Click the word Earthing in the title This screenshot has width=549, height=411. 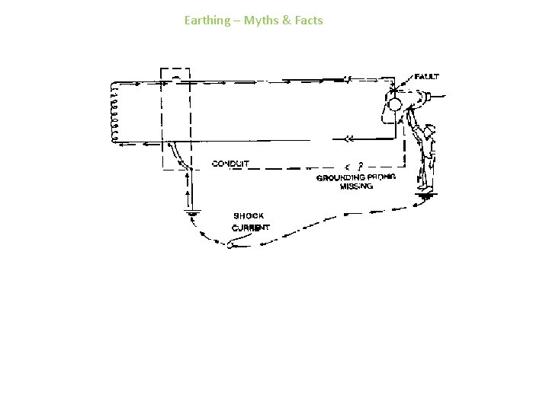pyautogui.click(x=207, y=21)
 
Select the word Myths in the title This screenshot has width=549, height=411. pyautogui.click(x=261, y=21)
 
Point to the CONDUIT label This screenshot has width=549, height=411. pyautogui.click(x=230, y=164)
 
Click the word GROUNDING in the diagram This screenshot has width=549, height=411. pyautogui.click(x=339, y=177)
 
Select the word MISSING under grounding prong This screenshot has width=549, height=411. pyautogui.click(x=356, y=187)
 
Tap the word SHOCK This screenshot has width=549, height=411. pyautogui.click(x=249, y=216)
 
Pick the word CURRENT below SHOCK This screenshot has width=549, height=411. pyautogui.click(x=250, y=228)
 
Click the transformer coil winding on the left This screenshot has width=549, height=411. pyautogui.click(x=114, y=112)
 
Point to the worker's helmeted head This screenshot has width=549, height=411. pyautogui.click(x=429, y=131)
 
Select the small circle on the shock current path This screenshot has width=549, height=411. pyautogui.click(x=228, y=244)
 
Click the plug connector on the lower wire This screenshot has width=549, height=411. pyautogui.click(x=349, y=139)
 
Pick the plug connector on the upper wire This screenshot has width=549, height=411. pyautogui.click(x=347, y=78)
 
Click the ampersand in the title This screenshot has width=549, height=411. pyautogui.click(x=286, y=21)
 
